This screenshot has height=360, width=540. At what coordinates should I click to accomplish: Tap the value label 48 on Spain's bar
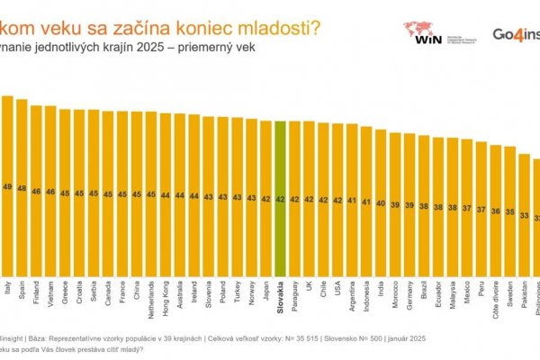(x=22, y=188)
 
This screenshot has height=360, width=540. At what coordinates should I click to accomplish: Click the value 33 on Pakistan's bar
(x=526, y=215)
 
